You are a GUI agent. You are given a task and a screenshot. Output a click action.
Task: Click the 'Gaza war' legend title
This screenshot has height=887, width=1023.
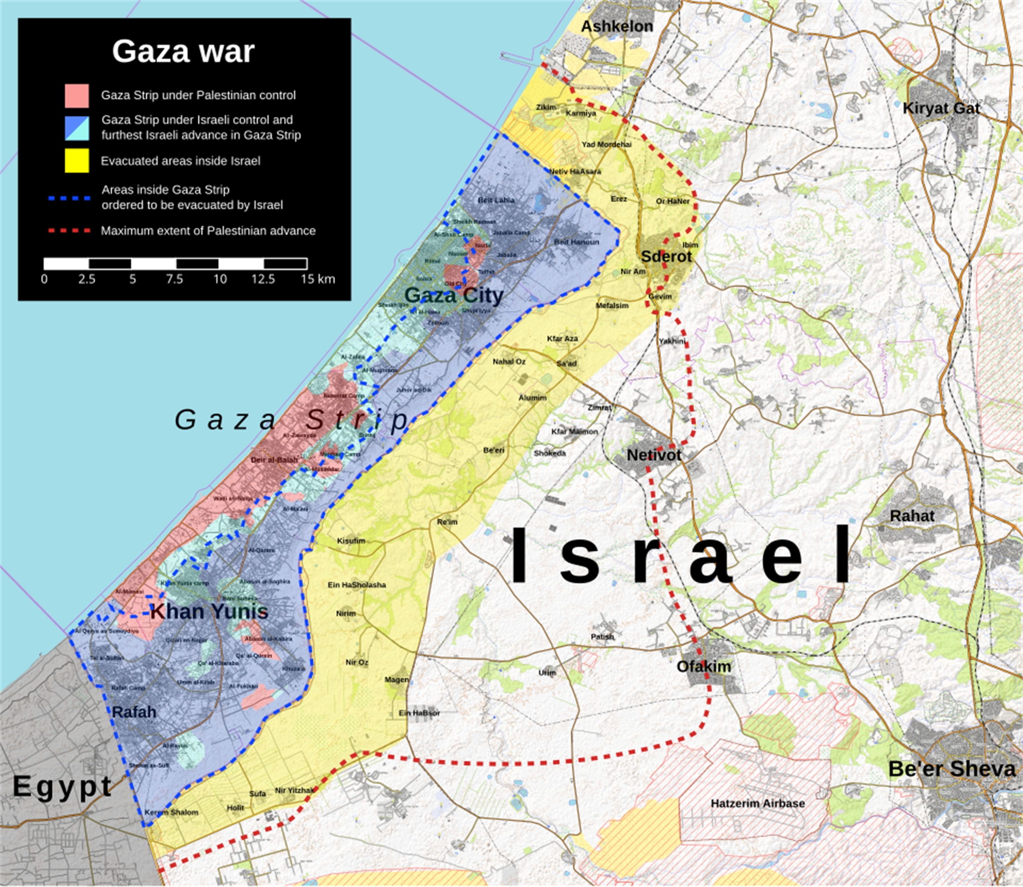(x=183, y=51)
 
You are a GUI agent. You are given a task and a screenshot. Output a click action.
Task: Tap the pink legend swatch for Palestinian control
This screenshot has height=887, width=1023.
(x=77, y=96)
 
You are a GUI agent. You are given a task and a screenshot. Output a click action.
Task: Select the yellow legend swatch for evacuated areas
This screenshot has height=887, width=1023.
(x=77, y=161)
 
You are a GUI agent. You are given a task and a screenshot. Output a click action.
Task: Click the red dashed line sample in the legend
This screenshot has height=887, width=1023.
(x=69, y=231)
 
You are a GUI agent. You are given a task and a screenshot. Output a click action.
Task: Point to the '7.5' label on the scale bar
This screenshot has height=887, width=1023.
(x=174, y=279)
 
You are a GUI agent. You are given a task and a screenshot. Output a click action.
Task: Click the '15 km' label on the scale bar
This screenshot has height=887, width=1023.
(x=318, y=279)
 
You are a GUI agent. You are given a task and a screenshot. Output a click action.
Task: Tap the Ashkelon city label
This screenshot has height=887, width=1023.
(x=617, y=26)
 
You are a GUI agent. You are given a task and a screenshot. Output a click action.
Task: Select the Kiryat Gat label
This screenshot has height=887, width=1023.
(x=941, y=108)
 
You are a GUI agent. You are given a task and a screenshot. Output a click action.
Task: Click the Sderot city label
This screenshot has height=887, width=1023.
(x=666, y=256)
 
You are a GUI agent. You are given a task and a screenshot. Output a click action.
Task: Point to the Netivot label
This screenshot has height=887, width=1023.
(x=654, y=455)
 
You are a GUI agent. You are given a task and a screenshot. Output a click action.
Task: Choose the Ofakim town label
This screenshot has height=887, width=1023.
(x=703, y=666)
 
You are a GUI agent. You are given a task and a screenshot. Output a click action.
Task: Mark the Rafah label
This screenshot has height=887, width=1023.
(x=133, y=712)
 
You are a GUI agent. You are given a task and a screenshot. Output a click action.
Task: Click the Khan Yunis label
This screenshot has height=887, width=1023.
(x=209, y=612)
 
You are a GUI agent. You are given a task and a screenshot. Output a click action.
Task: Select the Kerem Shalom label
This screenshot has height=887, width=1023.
(x=171, y=812)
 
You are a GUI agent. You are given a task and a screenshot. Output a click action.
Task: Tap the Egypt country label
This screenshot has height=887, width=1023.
(x=62, y=786)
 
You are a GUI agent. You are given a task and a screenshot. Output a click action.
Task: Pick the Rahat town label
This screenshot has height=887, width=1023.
(x=912, y=516)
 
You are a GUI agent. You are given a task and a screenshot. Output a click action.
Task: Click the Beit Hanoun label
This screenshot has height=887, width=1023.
(x=577, y=242)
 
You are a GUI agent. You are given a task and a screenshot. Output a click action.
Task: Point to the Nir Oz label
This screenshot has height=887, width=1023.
(x=357, y=662)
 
